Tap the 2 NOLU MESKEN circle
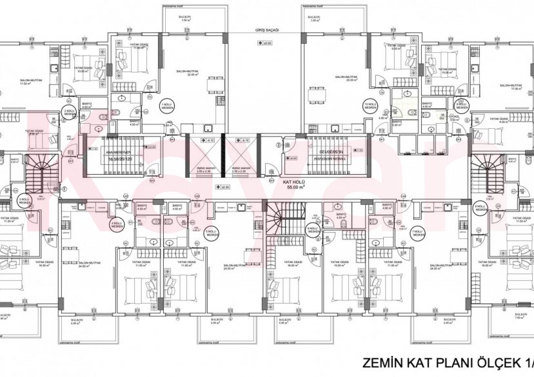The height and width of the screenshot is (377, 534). [x=68, y=113]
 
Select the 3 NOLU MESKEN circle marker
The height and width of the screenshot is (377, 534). [x=25, y=202]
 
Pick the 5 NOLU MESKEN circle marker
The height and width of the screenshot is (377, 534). [x=210, y=233]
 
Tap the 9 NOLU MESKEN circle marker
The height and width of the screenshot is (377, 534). [x=460, y=106]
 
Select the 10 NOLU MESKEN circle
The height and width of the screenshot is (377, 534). [x=370, y=105]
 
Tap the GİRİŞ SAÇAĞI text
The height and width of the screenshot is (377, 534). [x=264, y=31]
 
